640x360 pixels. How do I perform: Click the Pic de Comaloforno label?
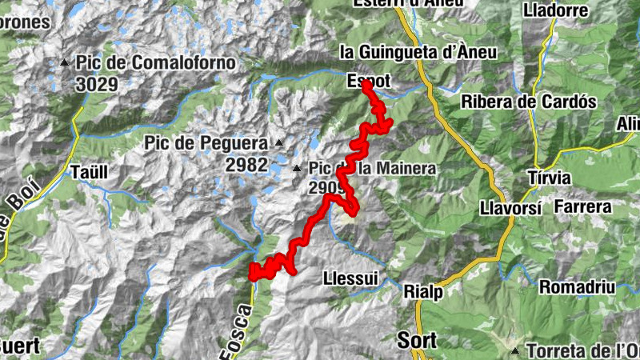tap(156, 62)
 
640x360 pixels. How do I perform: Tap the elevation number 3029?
tap(98, 83)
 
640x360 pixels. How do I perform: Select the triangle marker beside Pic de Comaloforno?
tap(65, 62)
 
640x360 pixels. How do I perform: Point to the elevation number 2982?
tap(246, 164)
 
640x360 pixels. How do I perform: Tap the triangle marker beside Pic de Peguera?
tap(279, 143)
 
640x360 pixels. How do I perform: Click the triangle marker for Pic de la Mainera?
tap(297, 169)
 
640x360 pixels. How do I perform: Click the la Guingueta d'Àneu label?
tap(418, 52)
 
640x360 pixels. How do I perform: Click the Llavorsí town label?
tap(512, 207)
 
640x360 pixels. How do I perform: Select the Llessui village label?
tap(352, 279)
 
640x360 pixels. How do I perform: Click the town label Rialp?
tap(423, 291)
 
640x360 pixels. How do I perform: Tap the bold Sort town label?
tap(418, 340)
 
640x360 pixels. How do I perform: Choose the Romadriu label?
tap(577, 286)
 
